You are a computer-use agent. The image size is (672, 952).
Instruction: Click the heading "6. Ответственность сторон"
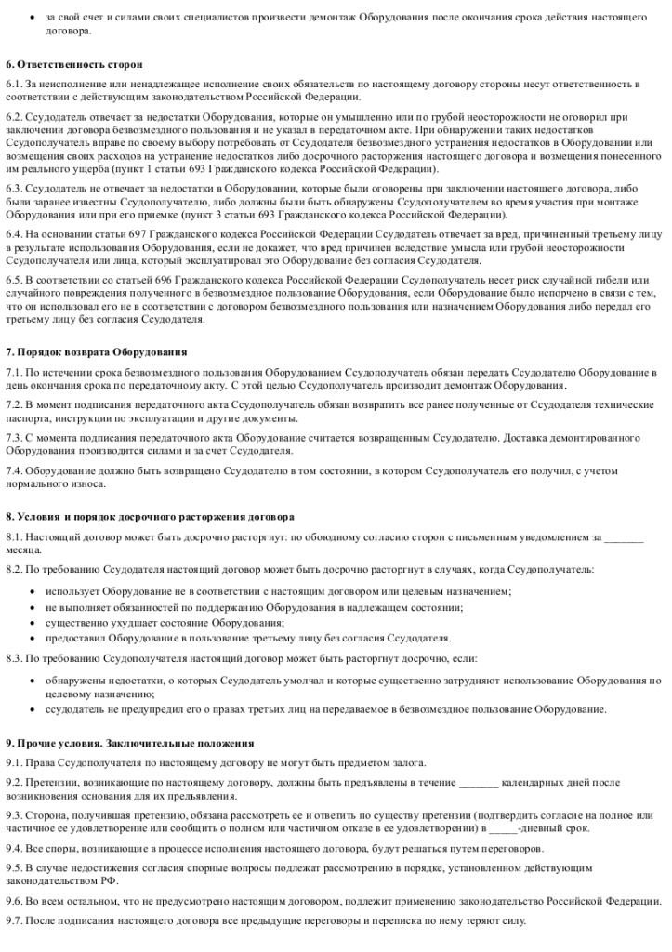73,64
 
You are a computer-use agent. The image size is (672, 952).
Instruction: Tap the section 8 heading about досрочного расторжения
150,515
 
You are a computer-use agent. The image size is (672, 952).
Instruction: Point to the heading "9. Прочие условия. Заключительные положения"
130,743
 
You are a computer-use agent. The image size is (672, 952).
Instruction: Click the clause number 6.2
14,117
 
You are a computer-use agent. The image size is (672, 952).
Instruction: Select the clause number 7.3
14,437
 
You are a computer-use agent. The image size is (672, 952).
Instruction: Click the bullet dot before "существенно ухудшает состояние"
33,622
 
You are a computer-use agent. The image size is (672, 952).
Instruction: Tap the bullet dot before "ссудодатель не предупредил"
33,709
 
